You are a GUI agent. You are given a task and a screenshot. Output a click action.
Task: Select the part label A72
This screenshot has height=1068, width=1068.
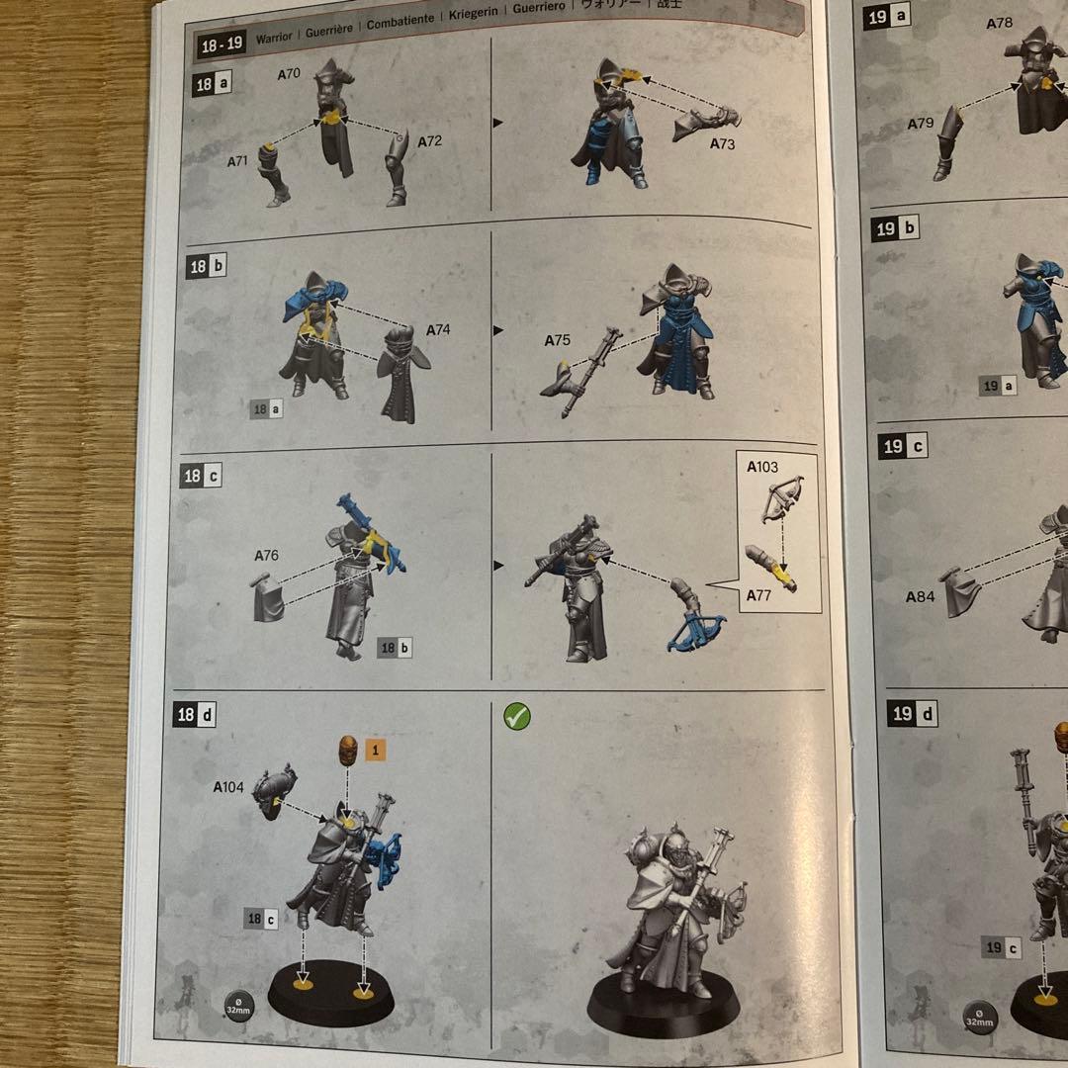[x=429, y=141]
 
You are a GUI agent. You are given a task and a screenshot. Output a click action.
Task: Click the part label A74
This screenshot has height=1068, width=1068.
[x=437, y=329]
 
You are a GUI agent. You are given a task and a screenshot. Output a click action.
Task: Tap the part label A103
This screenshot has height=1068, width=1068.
[x=762, y=468]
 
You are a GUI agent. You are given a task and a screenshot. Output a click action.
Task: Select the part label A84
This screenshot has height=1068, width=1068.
[x=920, y=596]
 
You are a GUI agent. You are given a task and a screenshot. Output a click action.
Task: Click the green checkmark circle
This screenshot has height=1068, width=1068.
[x=516, y=717]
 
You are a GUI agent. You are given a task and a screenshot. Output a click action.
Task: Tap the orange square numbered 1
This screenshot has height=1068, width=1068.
[x=375, y=750]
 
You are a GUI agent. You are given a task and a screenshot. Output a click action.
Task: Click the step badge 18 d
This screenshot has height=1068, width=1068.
[x=194, y=714]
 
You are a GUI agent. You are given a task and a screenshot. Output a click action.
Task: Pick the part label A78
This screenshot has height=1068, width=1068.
[x=1000, y=23]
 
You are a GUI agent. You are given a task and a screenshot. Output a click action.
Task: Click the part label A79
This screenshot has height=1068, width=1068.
[x=921, y=124]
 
